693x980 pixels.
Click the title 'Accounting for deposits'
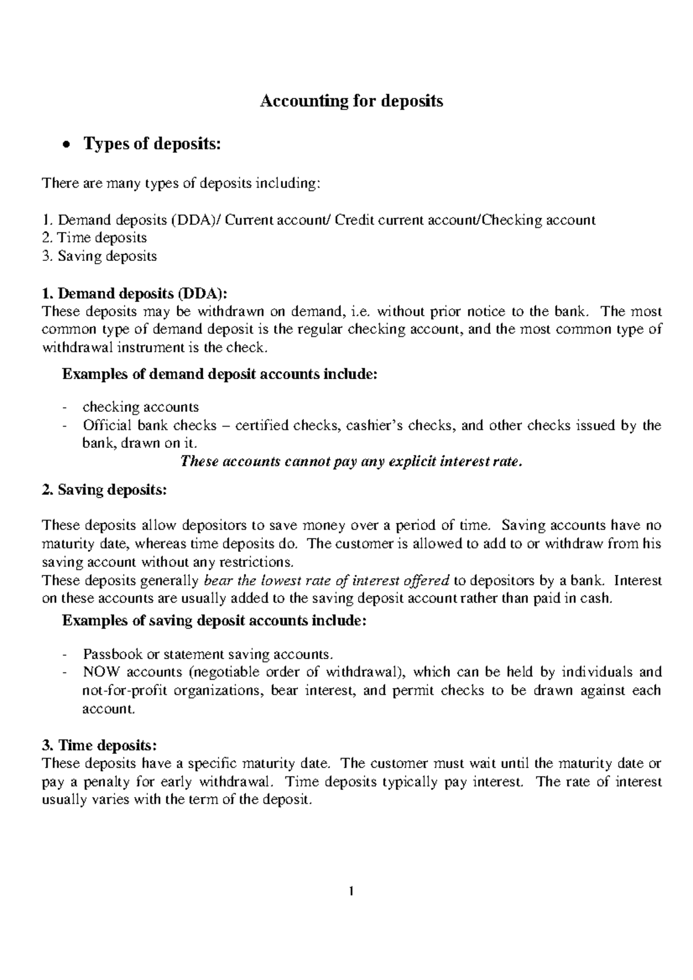[352, 102]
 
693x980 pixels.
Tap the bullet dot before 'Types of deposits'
[68, 145]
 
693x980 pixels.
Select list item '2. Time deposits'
[95, 238]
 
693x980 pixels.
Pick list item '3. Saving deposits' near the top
[100, 256]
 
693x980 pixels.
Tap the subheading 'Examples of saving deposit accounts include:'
[214, 620]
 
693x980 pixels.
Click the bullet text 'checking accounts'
[141, 407]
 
